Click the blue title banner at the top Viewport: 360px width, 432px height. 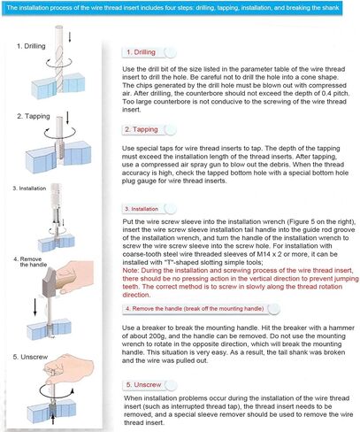coord(172,8)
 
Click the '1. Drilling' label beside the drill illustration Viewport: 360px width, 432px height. coord(31,46)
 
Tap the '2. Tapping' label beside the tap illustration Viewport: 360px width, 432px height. coord(34,116)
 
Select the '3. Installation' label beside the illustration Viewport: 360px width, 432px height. coord(29,189)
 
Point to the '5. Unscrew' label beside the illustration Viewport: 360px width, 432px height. coord(30,357)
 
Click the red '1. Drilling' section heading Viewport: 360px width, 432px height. coord(142,52)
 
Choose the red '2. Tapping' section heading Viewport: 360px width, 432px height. coord(142,129)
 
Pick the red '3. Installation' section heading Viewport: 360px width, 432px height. coord(142,209)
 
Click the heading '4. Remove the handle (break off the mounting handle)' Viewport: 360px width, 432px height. coord(195,309)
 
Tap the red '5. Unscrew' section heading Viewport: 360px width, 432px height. coord(144,385)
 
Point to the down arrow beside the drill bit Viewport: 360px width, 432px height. coord(70,37)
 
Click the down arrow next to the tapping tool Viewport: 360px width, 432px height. coord(67,118)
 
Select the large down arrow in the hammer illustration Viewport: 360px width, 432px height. coord(35,307)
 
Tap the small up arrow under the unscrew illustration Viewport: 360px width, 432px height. coord(53,420)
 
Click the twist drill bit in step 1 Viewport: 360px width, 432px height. coord(59,59)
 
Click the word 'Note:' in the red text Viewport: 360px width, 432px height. coord(131,271)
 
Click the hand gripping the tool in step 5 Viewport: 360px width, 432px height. coord(69,369)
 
